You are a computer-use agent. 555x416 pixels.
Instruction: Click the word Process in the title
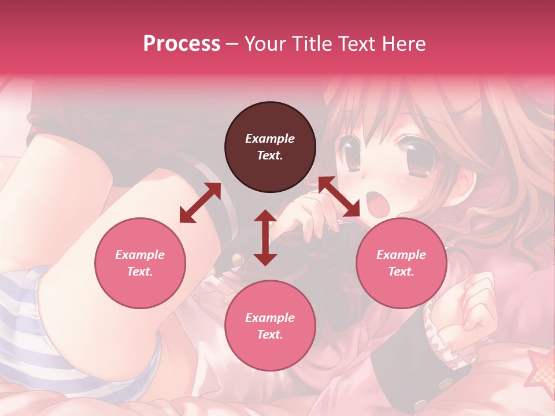[182, 44]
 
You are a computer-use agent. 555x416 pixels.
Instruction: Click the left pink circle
[140, 263]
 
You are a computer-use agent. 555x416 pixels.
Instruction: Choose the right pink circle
[401, 263]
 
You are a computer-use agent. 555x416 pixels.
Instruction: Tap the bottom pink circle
[270, 326]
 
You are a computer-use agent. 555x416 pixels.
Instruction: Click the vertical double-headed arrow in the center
[265, 237]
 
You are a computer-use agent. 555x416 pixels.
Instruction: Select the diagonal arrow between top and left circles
[200, 203]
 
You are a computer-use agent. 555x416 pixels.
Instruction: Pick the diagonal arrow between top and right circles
[339, 197]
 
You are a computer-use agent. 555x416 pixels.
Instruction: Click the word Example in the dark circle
[270, 139]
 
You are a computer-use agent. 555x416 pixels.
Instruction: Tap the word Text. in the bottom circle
[270, 335]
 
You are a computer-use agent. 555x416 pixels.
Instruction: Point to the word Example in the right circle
[401, 255]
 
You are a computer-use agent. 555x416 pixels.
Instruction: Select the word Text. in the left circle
[140, 272]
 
